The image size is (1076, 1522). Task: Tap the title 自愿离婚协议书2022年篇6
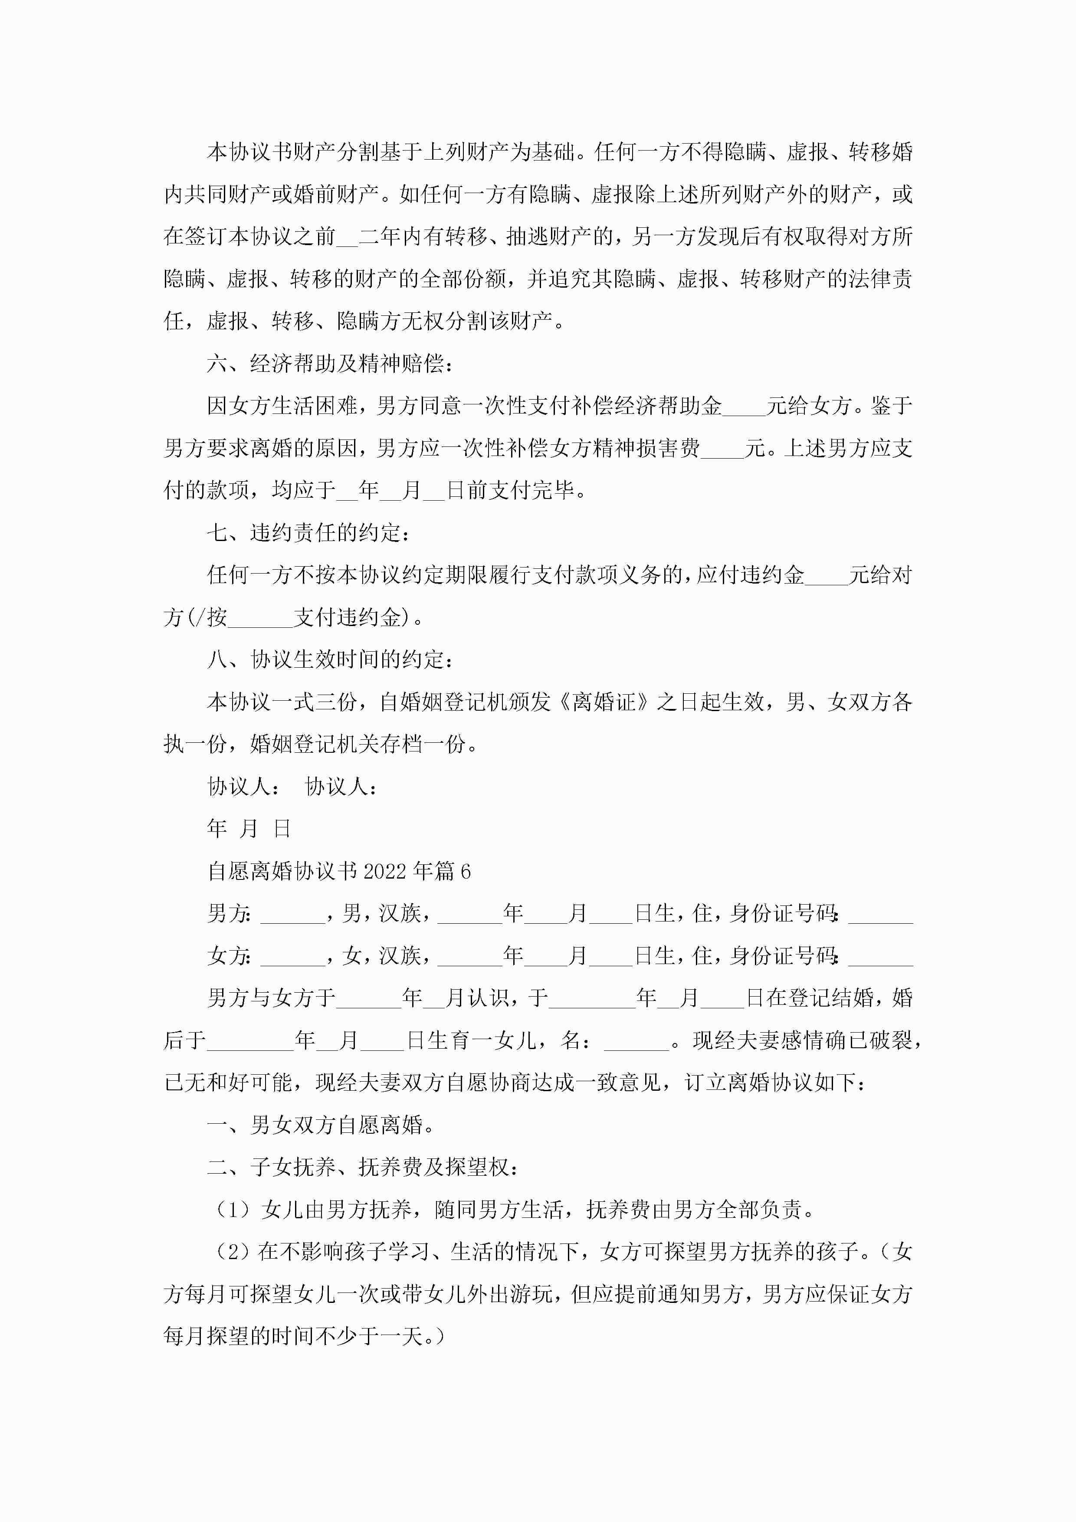click(x=339, y=871)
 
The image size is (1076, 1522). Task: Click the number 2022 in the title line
click(x=384, y=871)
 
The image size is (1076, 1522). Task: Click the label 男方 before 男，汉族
click(x=227, y=913)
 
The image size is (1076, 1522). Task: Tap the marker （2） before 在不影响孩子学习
click(x=232, y=1252)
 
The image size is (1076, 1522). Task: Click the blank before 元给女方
click(x=744, y=407)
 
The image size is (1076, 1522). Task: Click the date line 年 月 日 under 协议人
click(x=249, y=829)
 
